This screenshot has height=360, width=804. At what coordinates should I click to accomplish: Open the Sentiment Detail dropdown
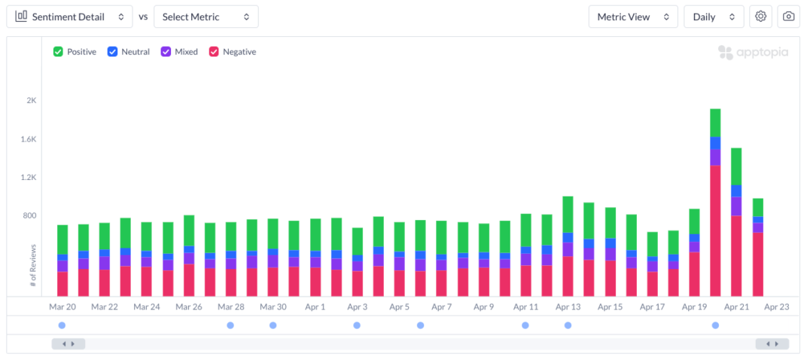click(x=69, y=17)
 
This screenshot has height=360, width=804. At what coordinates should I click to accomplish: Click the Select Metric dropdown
click(x=206, y=17)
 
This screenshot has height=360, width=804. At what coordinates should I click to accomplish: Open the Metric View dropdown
click(x=633, y=17)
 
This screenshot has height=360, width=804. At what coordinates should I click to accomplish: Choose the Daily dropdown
click(x=714, y=17)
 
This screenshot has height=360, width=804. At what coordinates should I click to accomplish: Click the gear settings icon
click(x=761, y=17)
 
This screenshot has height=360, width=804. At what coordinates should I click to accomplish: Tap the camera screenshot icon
click(x=788, y=17)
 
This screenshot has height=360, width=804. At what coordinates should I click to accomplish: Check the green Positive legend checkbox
click(x=58, y=52)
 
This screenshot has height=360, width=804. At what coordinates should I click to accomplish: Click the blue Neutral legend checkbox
click(x=112, y=52)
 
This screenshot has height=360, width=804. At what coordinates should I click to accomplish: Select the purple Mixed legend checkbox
click(x=166, y=52)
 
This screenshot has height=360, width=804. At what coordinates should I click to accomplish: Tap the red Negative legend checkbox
click(x=214, y=52)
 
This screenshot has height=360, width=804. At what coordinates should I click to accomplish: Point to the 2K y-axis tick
click(x=32, y=101)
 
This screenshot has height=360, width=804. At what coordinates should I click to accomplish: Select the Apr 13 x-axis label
click(x=568, y=307)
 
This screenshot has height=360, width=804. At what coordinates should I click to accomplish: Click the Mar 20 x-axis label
click(x=62, y=307)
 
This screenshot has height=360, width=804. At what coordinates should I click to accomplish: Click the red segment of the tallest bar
click(x=715, y=230)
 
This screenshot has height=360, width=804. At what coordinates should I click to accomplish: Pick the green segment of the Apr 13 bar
click(x=568, y=215)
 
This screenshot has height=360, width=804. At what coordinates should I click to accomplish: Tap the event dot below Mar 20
click(x=62, y=325)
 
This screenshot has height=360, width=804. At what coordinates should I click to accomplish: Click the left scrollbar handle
click(x=69, y=343)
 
